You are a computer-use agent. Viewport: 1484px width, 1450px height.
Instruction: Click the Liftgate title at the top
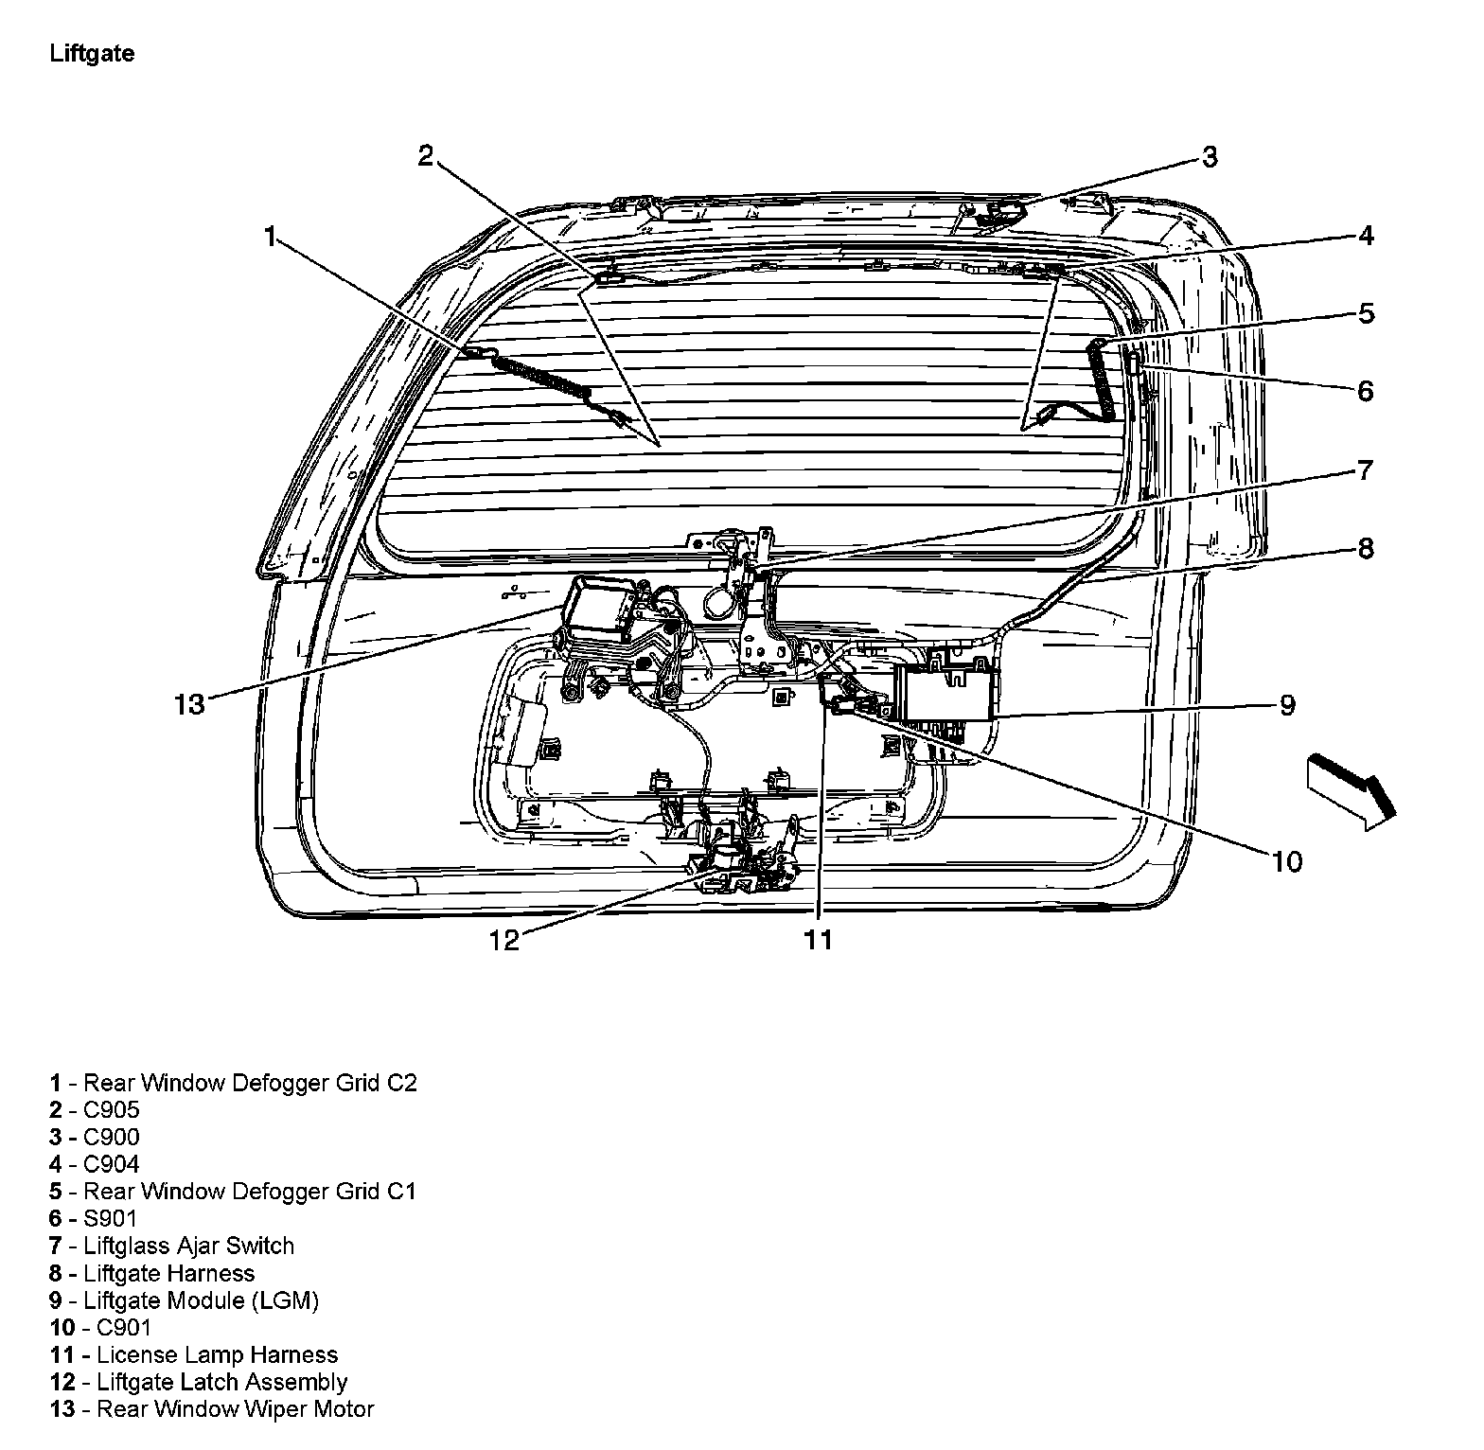pos(92,54)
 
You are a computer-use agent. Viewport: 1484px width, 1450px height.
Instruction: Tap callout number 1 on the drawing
pos(271,237)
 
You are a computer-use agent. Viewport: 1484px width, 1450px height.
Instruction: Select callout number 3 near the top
pos(1209,157)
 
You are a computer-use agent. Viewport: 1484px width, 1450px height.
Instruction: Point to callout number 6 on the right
pos(1365,391)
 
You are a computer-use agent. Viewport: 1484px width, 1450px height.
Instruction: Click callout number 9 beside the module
pos(1287,705)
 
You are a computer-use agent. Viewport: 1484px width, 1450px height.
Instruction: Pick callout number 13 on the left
pos(189,704)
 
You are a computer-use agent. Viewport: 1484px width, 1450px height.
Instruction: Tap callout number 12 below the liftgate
pos(504,940)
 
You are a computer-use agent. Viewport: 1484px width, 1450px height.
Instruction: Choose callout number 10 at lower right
pos(1287,861)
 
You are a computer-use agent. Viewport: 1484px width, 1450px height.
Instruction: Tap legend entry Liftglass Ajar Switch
pos(188,1246)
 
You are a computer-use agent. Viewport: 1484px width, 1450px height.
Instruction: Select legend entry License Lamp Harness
pos(217,1354)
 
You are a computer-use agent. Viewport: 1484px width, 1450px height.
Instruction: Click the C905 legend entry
pos(111,1109)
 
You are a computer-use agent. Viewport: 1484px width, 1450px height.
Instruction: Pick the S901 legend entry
pos(110,1218)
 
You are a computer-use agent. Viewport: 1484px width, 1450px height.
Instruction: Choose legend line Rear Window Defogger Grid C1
pos(250,1191)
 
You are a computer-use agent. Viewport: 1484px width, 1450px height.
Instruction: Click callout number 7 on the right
pos(1364,469)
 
